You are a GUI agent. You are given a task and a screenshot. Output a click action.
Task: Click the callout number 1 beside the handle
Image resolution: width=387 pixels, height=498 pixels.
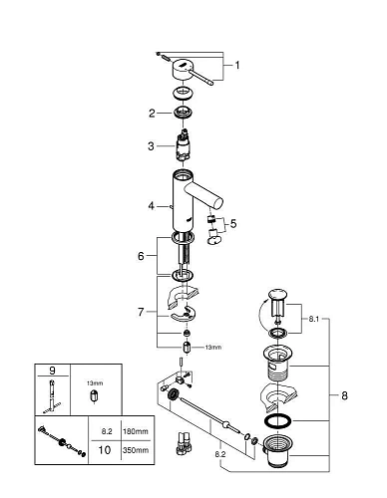pos(237,66)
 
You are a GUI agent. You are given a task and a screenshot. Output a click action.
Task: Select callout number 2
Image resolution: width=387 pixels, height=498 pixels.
pos(152,114)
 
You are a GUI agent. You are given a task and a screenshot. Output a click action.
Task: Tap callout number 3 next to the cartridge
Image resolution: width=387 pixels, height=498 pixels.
pos(151,146)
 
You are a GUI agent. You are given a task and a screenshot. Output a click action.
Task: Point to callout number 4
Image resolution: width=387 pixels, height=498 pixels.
pos(152,206)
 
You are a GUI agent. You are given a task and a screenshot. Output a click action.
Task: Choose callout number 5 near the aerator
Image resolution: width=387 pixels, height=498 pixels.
pos(233,224)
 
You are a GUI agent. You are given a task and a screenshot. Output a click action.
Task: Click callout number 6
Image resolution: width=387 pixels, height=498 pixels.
pos(141,256)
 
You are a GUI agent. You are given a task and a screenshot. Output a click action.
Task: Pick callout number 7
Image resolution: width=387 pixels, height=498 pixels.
pos(141,312)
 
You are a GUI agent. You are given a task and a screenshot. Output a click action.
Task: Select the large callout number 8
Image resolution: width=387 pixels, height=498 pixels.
pos(344,395)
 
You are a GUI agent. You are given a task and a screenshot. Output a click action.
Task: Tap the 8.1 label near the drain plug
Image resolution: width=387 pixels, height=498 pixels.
pos(313,320)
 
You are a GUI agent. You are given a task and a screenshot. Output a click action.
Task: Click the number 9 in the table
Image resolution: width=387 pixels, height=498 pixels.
pos(52,371)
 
